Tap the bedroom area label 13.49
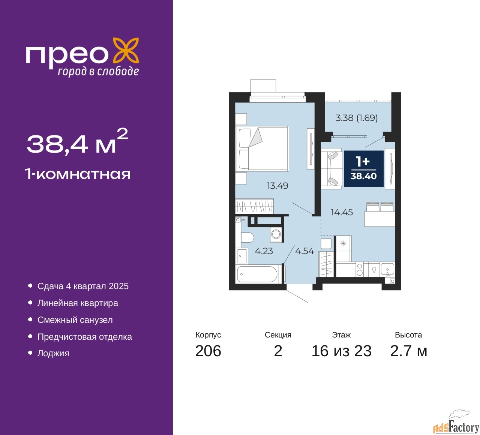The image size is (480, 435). coord(277,186)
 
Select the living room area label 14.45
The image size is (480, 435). coord(342,212)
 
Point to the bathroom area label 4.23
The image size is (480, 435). coord(264,251)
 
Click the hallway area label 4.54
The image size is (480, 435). coord(304,251)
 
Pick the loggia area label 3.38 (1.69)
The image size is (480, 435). coord(356,118)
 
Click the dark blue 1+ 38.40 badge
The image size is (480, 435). coord(363,168)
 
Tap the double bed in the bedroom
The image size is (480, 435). coord(262,148)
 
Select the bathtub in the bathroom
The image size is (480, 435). coord(257,274)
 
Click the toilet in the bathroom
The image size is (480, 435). coord(247,237)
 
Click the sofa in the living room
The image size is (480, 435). coord(331,168)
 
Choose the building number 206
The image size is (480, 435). coord(208,351)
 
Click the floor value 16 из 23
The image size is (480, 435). coord(341,351)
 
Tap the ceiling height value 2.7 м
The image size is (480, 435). coord(408,351)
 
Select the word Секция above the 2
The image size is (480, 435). coord(278,335)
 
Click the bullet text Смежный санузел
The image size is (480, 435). coord(75,320)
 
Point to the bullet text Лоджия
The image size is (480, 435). coord(53,353)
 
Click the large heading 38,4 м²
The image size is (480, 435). coord(77,142)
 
